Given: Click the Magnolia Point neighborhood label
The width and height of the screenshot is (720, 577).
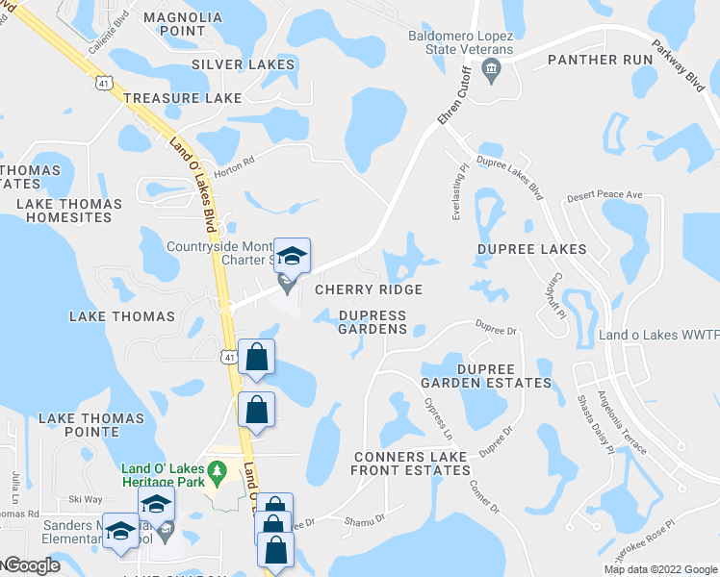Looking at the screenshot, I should pyautogui.click(x=182, y=24).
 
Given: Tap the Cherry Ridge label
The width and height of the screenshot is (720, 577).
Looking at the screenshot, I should pyautogui.click(x=369, y=289).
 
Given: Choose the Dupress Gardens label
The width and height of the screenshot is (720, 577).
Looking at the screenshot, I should pyautogui.click(x=373, y=322).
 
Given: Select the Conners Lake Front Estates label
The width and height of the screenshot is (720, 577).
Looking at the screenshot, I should pyautogui.click(x=411, y=464).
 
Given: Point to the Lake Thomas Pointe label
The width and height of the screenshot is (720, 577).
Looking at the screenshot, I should pyautogui.click(x=91, y=425).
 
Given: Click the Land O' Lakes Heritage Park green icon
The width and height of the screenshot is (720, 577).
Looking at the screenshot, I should pyautogui.click(x=218, y=469).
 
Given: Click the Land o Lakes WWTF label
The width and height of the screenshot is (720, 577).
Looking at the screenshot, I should pyautogui.click(x=658, y=336).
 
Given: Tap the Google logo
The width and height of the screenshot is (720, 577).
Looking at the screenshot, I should pyautogui.click(x=31, y=565).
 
